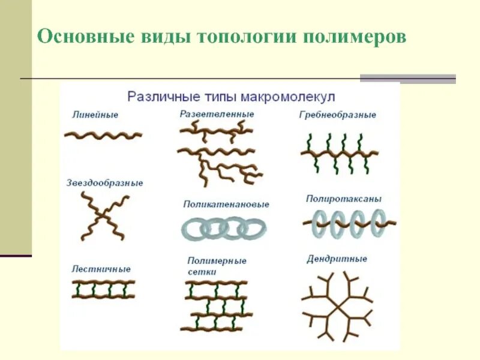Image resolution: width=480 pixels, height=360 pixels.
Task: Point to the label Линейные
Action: click(x=94, y=114)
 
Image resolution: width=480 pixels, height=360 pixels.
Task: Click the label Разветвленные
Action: click(x=217, y=113)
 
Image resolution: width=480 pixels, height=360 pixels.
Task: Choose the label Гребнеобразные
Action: click(x=337, y=115)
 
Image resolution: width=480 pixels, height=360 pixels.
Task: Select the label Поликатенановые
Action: click(x=226, y=204)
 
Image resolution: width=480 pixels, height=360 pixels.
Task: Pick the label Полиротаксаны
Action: click(x=344, y=199)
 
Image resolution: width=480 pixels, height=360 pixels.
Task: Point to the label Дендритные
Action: click(x=337, y=259)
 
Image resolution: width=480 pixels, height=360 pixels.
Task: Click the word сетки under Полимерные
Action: click(x=202, y=271)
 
